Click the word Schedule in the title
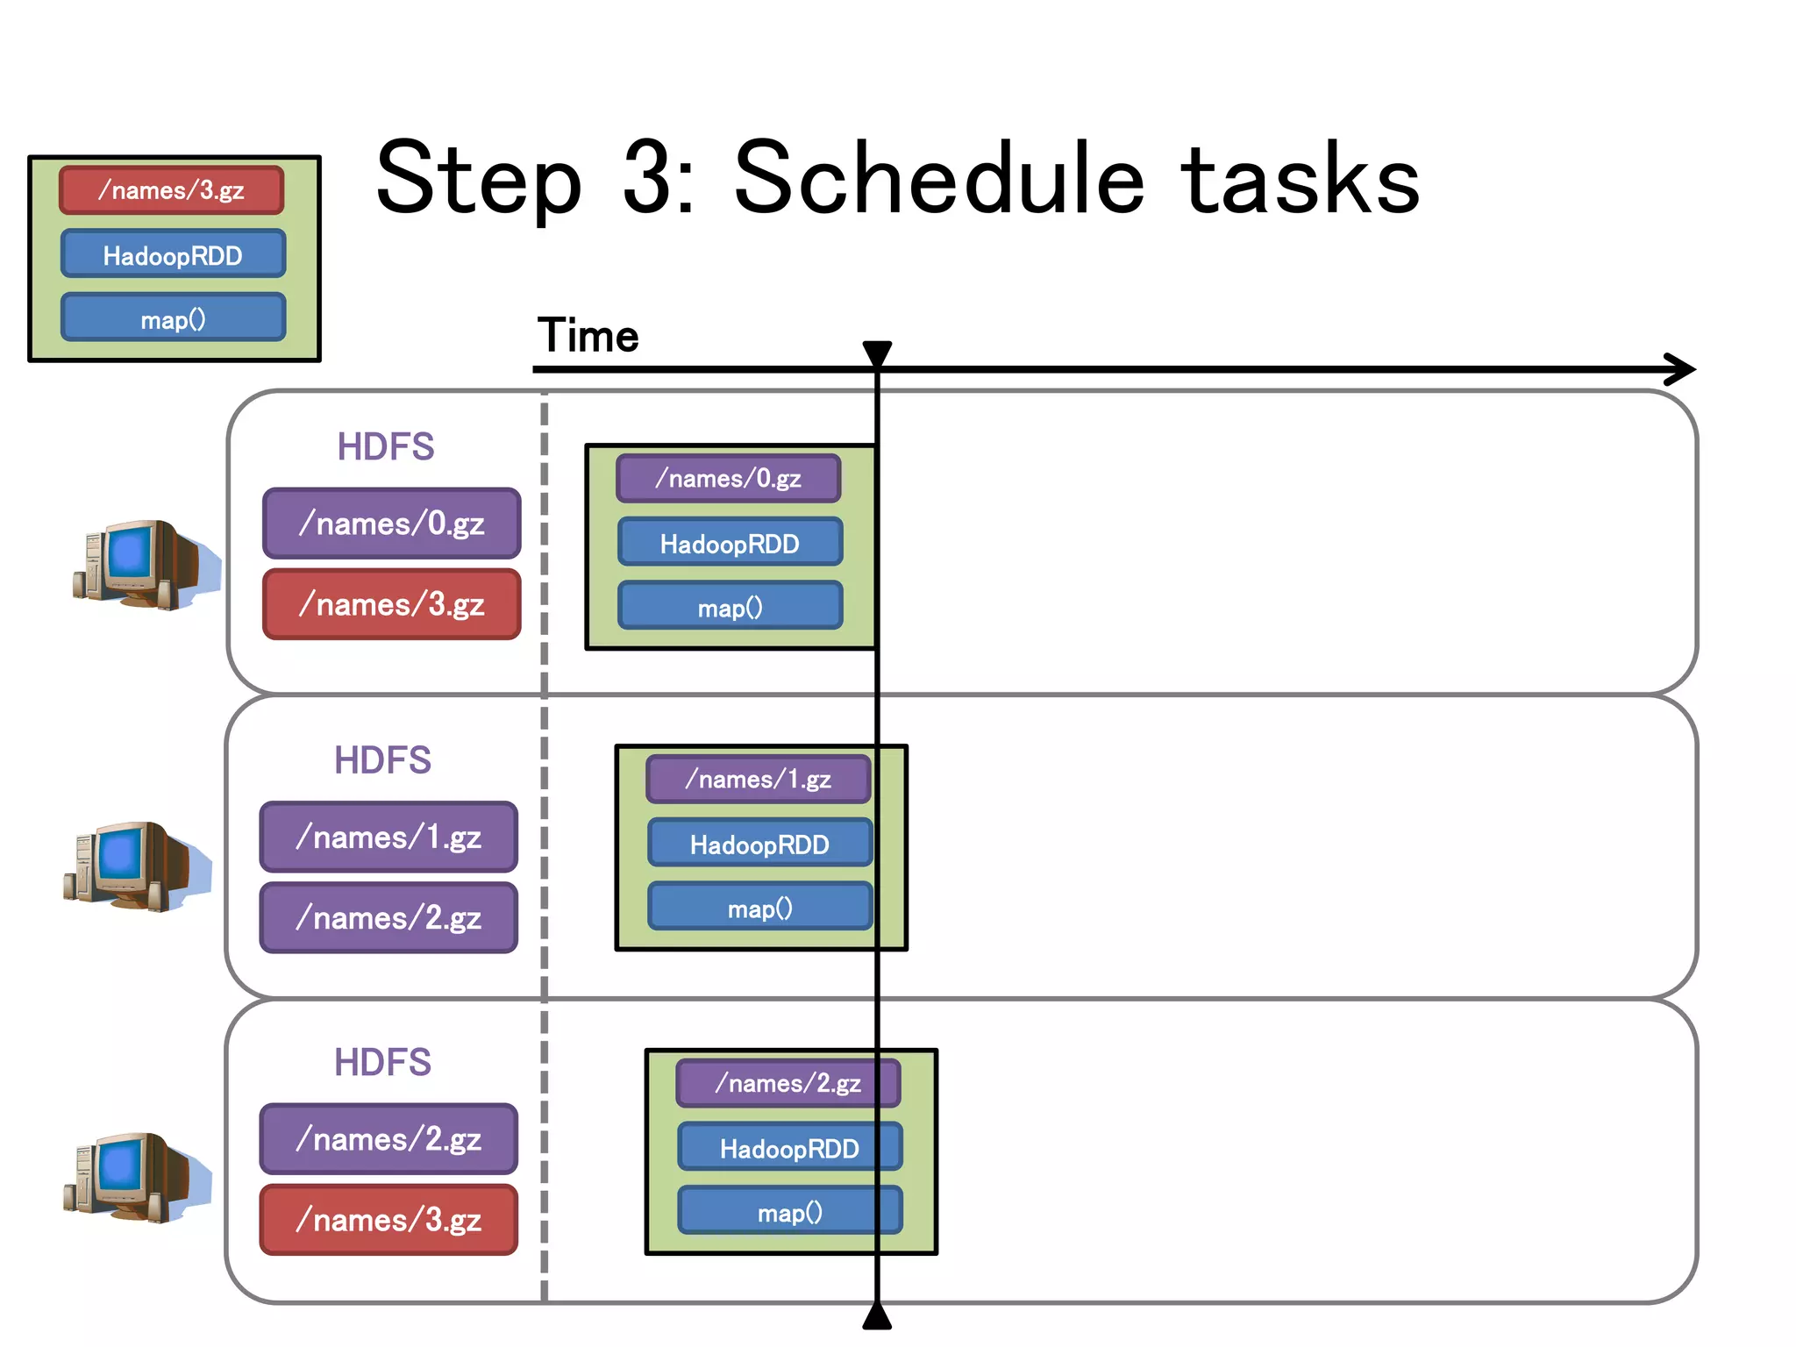point(938,180)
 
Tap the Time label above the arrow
point(588,336)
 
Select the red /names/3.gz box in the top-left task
point(172,190)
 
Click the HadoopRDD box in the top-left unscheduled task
point(173,255)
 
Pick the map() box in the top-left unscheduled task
point(173,319)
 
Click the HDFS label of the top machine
point(386,446)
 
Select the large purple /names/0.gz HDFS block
point(391,524)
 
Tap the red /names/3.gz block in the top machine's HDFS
point(391,604)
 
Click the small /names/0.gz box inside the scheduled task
point(728,479)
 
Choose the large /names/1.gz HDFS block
point(388,837)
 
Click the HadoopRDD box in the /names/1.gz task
point(759,845)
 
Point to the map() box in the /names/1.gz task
point(759,909)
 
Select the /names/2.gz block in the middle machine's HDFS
point(388,918)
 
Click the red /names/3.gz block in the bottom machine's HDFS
point(388,1220)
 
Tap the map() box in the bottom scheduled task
point(789,1212)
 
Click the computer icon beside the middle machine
point(136,866)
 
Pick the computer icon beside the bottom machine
point(136,1177)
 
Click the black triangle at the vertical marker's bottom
point(877,1317)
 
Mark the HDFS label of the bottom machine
point(382,1062)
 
